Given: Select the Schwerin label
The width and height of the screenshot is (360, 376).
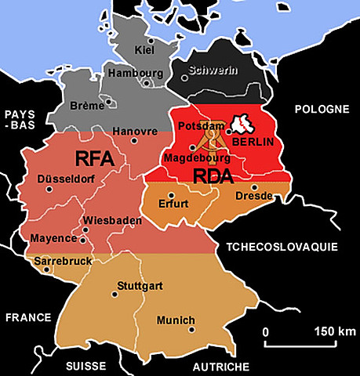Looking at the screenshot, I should [212, 70].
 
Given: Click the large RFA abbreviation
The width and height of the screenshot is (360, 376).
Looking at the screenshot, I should [96, 160].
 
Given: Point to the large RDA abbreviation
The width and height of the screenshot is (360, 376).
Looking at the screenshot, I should [214, 177].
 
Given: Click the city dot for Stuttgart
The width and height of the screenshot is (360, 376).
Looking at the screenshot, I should [116, 295].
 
